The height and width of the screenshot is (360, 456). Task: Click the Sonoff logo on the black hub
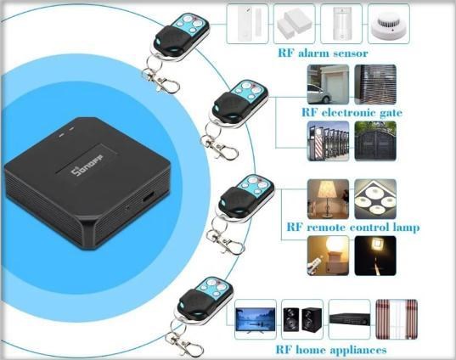tap(87, 166)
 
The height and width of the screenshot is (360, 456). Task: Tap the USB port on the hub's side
tap(149, 197)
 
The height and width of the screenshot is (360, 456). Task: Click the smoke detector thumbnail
tap(389, 24)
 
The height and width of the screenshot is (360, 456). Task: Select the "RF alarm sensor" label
tap(323, 53)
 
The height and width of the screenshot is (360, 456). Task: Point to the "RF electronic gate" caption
tap(352, 112)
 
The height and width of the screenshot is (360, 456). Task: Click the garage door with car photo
tap(329, 84)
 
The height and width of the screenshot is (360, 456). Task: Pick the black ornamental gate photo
tap(375, 141)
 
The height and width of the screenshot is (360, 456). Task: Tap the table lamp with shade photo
tap(329, 199)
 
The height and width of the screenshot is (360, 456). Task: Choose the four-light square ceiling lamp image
tap(375, 199)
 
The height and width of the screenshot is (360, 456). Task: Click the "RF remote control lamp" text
tap(353, 228)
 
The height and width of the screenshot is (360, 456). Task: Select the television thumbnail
tap(256, 319)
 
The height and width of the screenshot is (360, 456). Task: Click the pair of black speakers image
tap(302, 319)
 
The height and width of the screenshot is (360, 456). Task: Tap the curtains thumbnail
tap(397, 319)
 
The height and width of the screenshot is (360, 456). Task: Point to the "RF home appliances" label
tap(331, 350)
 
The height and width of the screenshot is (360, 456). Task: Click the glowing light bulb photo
tap(329, 256)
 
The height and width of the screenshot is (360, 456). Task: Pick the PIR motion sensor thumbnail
tap(341, 24)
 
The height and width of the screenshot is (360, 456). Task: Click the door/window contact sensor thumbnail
tap(247, 24)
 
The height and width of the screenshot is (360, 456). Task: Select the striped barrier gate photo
tap(329, 141)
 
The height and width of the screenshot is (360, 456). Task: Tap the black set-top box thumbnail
tap(350, 319)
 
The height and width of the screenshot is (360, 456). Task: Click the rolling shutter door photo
tap(375, 84)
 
